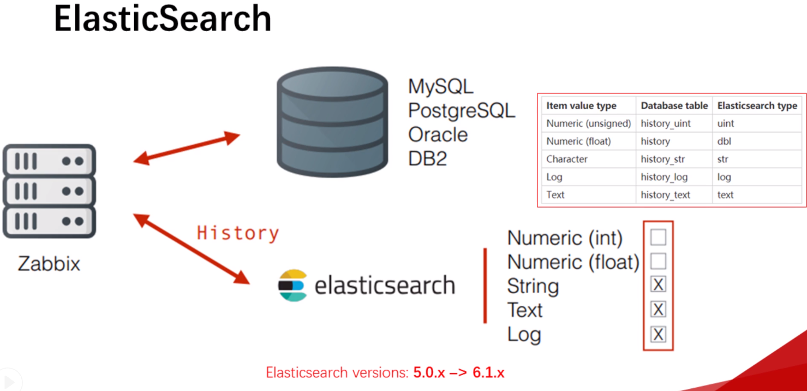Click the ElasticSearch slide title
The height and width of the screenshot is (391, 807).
point(163,19)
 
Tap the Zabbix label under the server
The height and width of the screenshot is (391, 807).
point(49,264)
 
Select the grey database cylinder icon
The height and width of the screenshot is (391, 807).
point(332,122)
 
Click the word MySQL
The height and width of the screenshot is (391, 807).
point(441,86)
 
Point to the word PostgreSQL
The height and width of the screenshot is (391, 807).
point(462,110)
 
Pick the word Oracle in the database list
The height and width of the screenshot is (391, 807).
point(438,134)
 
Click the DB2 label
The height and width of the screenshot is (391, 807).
point(428,158)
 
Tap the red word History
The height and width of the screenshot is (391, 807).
point(238,233)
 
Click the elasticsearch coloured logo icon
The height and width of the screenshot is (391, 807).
point(293,285)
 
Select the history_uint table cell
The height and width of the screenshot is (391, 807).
point(666,123)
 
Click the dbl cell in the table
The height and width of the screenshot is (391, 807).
point(724,141)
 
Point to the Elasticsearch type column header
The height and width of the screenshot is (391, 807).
point(757,105)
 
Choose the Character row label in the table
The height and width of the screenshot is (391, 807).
point(567,159)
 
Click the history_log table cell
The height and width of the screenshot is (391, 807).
point(664,177)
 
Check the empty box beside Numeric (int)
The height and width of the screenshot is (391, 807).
point(658,238)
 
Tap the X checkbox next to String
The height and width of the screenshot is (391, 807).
point(658,285)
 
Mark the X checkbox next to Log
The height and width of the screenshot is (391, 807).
point(658,334)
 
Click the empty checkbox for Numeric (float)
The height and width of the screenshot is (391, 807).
point(658,262)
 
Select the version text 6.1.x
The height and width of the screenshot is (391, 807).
point(488,373)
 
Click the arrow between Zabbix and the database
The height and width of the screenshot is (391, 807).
point(187,148)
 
